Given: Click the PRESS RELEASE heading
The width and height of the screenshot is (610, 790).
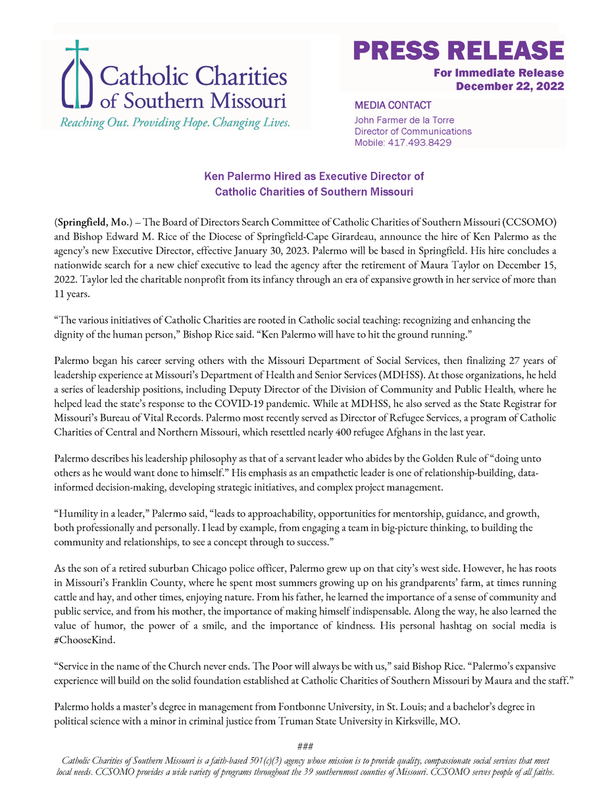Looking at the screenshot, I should [458, 51].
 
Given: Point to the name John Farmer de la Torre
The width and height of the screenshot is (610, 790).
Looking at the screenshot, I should [404, 120].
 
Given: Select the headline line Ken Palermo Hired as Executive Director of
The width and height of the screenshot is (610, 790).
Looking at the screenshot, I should [314, 176].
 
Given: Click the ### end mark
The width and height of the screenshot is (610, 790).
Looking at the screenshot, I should [305, 747].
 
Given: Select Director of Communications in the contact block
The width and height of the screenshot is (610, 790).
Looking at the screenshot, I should [413, 132].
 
